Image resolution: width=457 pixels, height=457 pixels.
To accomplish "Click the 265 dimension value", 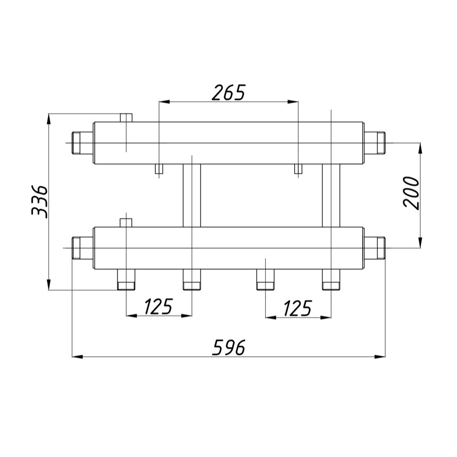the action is [228, 92].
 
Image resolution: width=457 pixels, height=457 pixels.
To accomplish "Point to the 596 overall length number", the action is [229, 347].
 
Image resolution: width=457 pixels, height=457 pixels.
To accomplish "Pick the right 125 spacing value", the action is [298, 308].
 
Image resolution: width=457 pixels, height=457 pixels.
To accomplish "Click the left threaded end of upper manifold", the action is [82, 143].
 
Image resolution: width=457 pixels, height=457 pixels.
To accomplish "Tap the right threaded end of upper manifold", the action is [375, 143].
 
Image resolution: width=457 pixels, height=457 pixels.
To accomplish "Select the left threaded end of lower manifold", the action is [82, 248].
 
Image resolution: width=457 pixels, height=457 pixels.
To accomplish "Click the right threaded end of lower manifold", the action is [375, 248].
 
